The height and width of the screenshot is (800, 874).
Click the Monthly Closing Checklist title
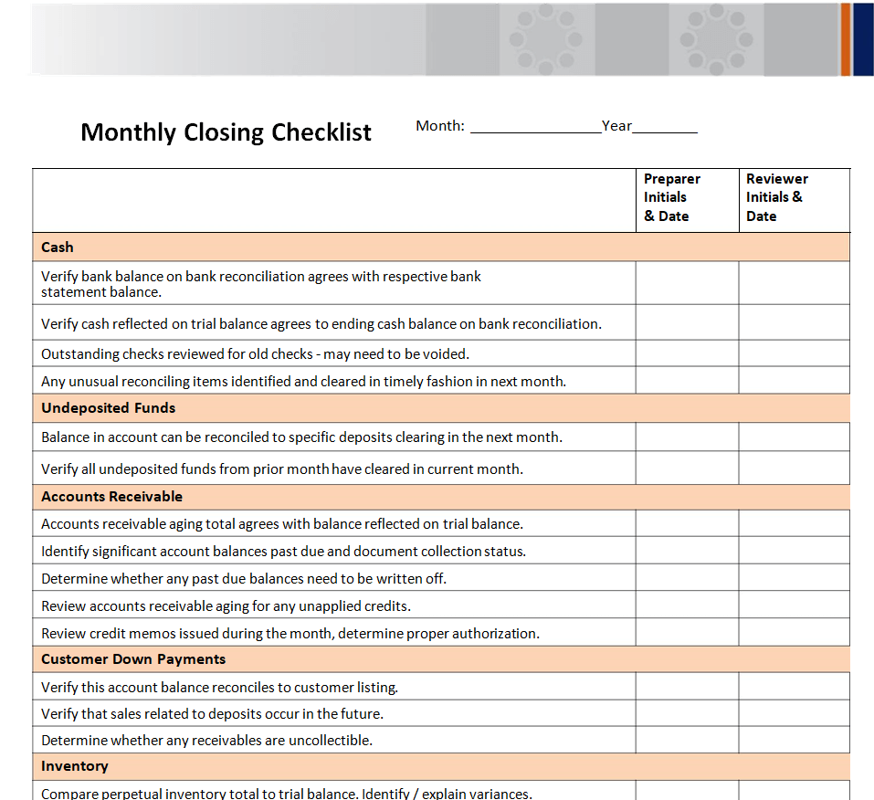pos(226,132)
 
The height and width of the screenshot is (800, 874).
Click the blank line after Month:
pos(535,129)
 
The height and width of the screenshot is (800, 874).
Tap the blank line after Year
pos(665,129)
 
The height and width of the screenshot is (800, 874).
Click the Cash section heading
pos(58,247)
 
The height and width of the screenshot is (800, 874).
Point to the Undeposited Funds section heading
pos(108,408)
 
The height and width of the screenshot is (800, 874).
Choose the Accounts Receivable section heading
pos(111,497)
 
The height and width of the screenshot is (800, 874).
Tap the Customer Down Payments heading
pos(133,659)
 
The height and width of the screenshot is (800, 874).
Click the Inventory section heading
pos(75,766)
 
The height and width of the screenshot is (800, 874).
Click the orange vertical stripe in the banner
pos(846,39)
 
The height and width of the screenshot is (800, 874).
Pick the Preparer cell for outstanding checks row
pos(687,353)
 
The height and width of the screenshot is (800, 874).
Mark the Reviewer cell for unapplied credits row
pos(794,605)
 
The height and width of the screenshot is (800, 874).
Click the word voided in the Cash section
pos(447,354)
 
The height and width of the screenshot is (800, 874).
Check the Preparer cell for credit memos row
pos(687,633)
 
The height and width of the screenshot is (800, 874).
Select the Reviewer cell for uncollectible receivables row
pos(794,740)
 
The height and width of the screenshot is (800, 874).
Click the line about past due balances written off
pos(244,579)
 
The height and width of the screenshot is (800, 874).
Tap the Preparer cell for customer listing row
pos(687,687)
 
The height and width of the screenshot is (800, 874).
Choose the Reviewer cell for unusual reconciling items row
pos(794,381)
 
